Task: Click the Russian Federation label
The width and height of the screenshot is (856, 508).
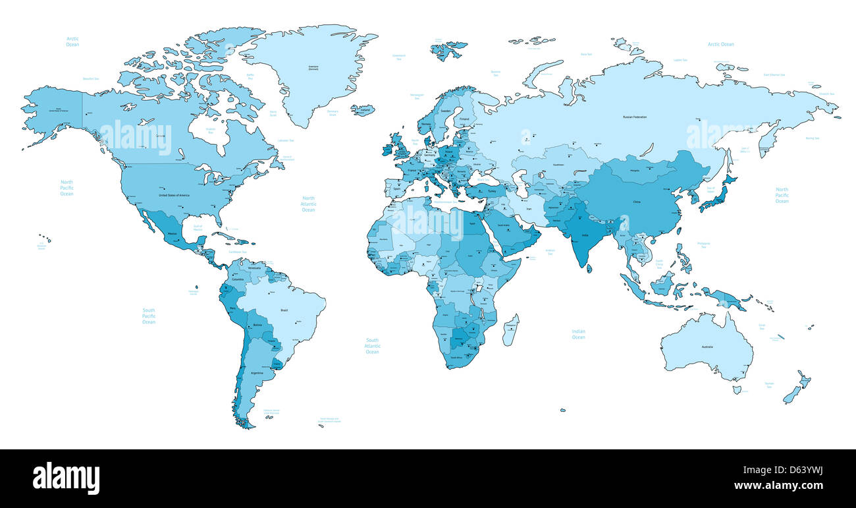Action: [635, 117]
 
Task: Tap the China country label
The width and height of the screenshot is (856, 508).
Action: [636, 201]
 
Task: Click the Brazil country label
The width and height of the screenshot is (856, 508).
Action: [284, 310]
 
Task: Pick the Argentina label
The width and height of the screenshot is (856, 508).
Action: [257, 373]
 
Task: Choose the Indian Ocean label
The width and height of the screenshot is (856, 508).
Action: [578, 334]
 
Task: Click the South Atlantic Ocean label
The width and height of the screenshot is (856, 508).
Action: [372, 346]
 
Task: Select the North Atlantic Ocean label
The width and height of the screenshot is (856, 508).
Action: [309, 204]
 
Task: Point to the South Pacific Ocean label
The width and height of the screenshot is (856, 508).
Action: [149, 316]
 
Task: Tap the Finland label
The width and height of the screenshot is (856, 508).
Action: [464, 119]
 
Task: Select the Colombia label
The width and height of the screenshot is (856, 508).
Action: [238, 279]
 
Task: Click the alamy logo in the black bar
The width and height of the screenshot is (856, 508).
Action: [66, 478]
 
